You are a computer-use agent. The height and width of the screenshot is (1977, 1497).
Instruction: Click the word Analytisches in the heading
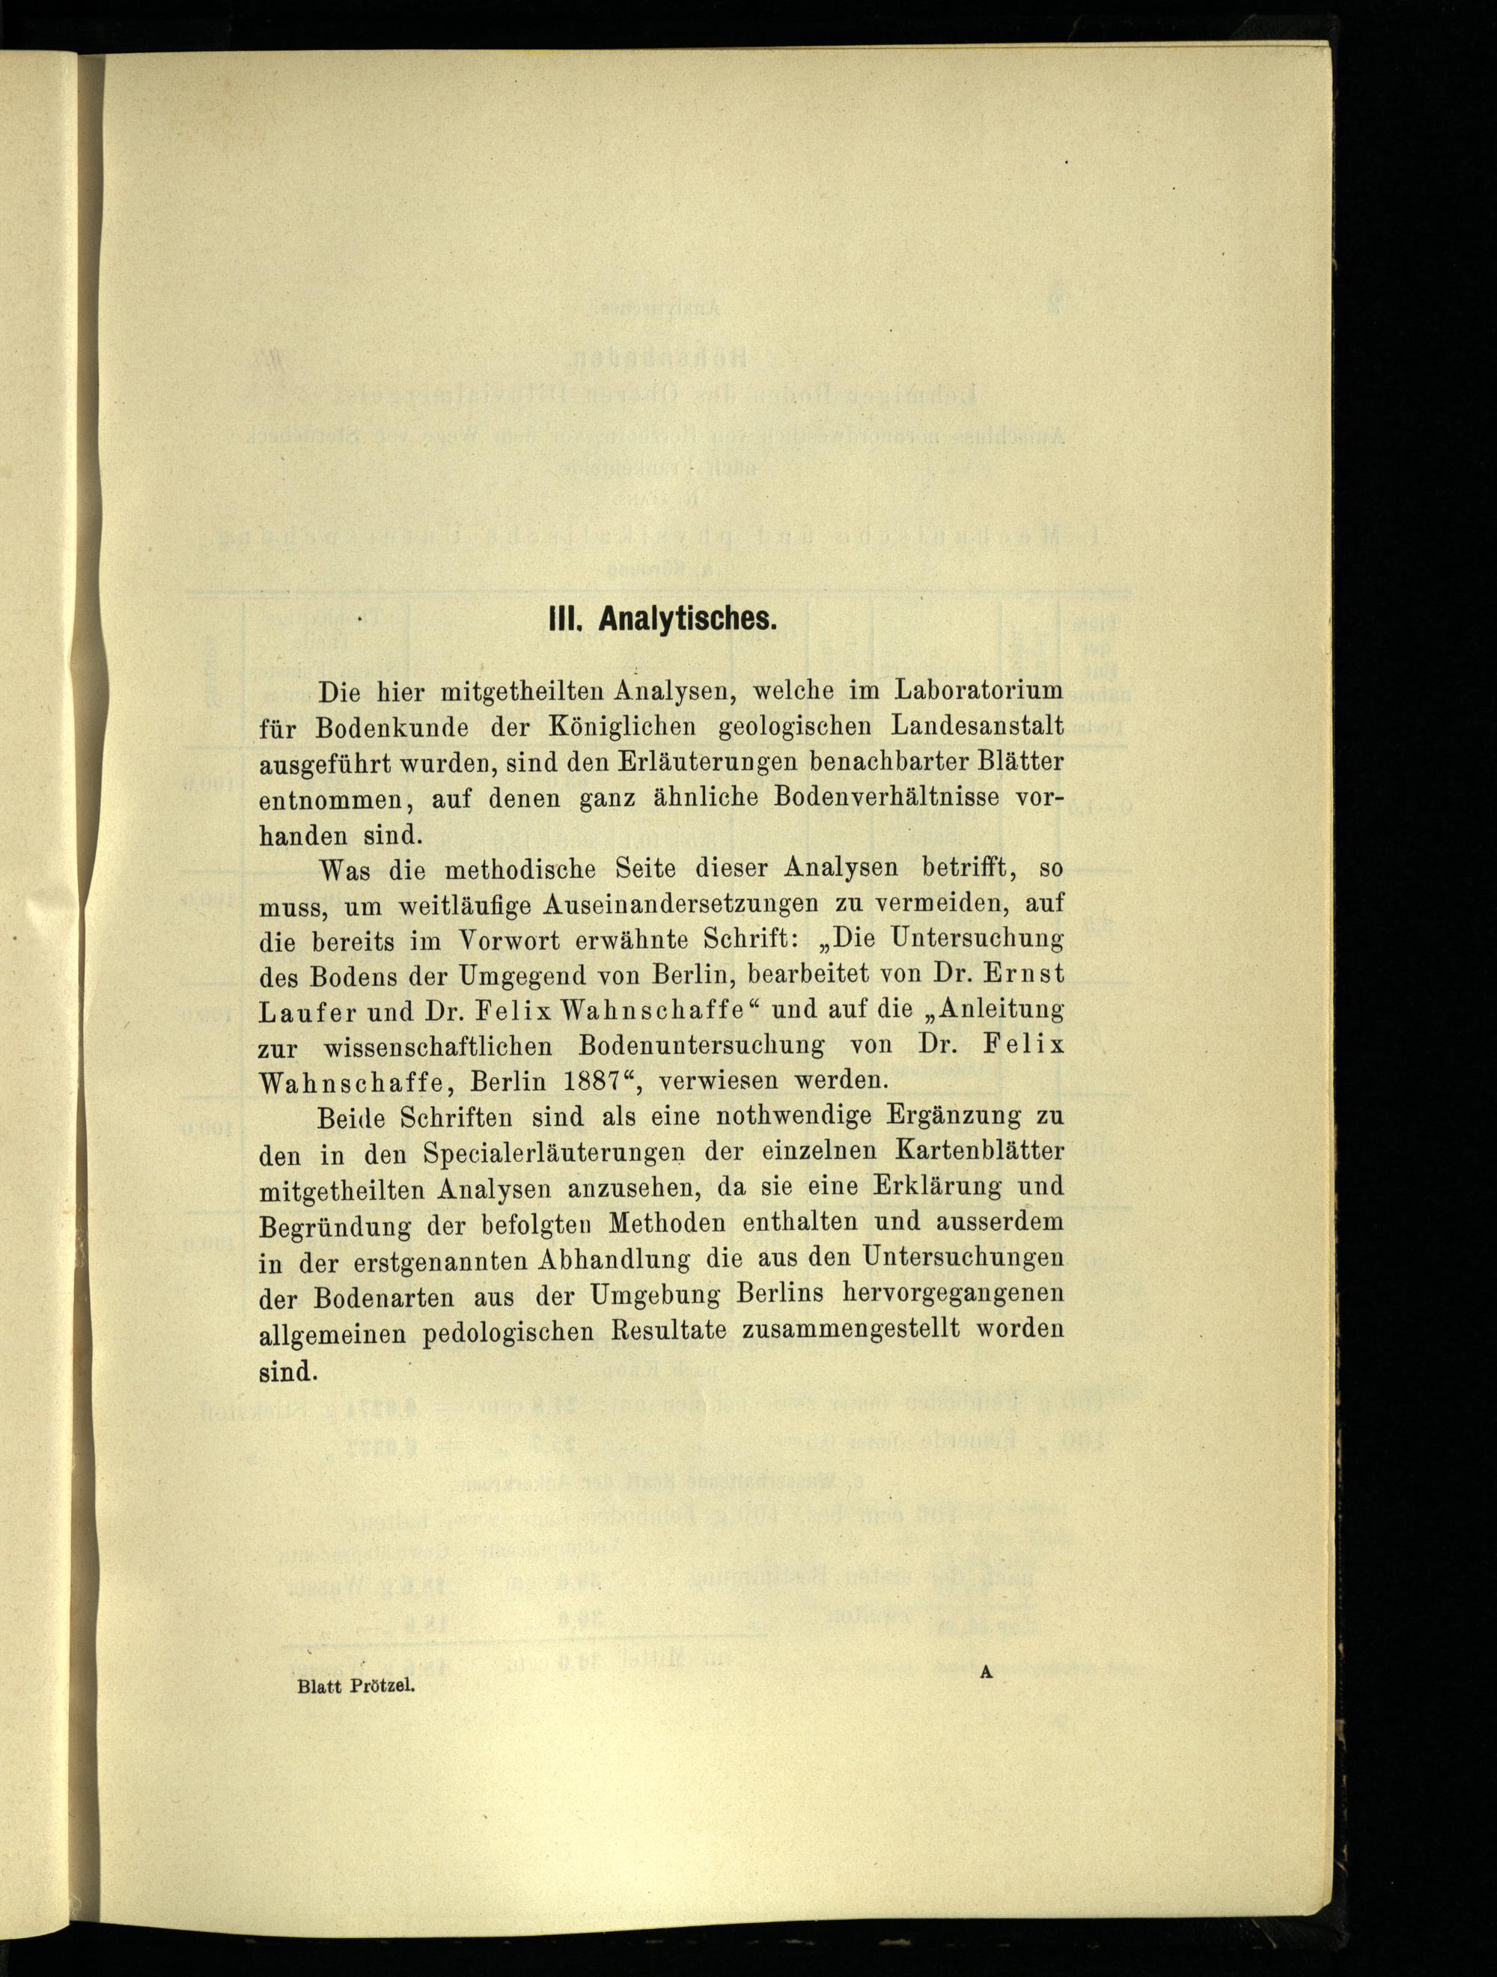tap(686, 618)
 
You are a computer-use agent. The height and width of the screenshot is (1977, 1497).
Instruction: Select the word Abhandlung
tap(615, 1260)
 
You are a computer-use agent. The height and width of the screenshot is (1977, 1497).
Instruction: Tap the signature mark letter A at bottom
tap(987, 1673)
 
